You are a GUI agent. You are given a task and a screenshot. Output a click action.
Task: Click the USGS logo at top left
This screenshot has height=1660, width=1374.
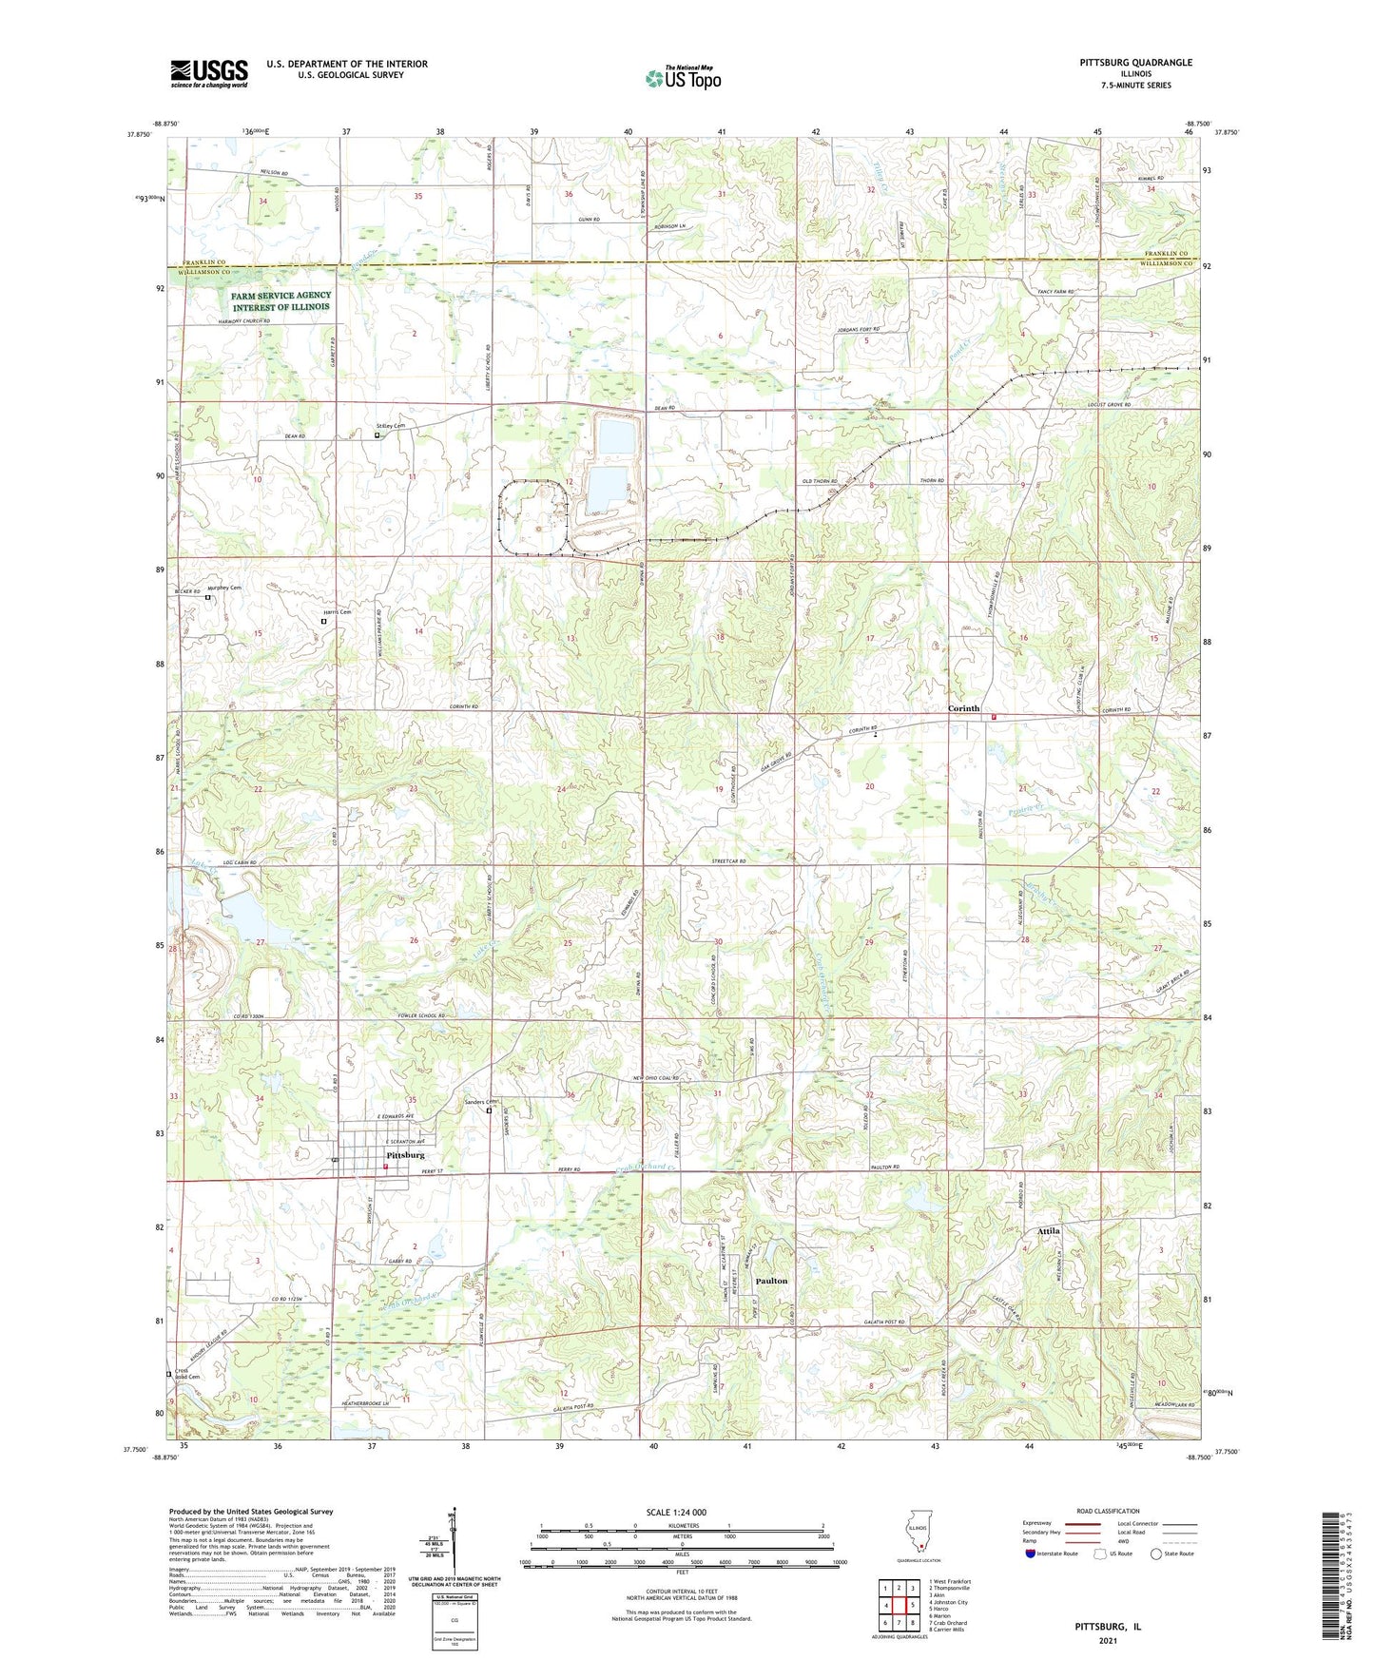pyautogui.click(x=209, y=73)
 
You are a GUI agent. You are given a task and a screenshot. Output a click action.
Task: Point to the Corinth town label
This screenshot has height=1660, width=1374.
pyautogui.click(x=964, y=709)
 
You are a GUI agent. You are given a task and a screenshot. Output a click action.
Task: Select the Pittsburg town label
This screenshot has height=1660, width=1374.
pyautogui.click(x=405, y=1155)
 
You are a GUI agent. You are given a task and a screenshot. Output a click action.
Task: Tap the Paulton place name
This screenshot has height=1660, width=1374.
pyautogui.click(x=771, y=1281)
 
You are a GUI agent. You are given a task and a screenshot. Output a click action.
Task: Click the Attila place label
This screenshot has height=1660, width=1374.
pyautogui.click(x=1048, y=1231)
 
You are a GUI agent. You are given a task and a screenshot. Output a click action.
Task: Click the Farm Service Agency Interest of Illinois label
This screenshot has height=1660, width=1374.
pyautogui.click(x=281, y=301)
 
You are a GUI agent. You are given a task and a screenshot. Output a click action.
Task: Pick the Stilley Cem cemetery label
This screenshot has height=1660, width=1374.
pyautogui.click(x=391, y=426)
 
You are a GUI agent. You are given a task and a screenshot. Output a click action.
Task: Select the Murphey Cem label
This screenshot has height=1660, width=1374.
pyautogui.click(x=224, y=588)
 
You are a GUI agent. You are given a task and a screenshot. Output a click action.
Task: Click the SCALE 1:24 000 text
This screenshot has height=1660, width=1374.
pyautogui.click(x=676, y=1512)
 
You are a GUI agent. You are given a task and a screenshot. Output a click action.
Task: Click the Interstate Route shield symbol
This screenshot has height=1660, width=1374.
pyautogui.click(x=1032, y=1554)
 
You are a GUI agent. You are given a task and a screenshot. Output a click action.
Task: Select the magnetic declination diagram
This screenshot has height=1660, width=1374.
pyautogui.click(x=454, y=1545)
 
